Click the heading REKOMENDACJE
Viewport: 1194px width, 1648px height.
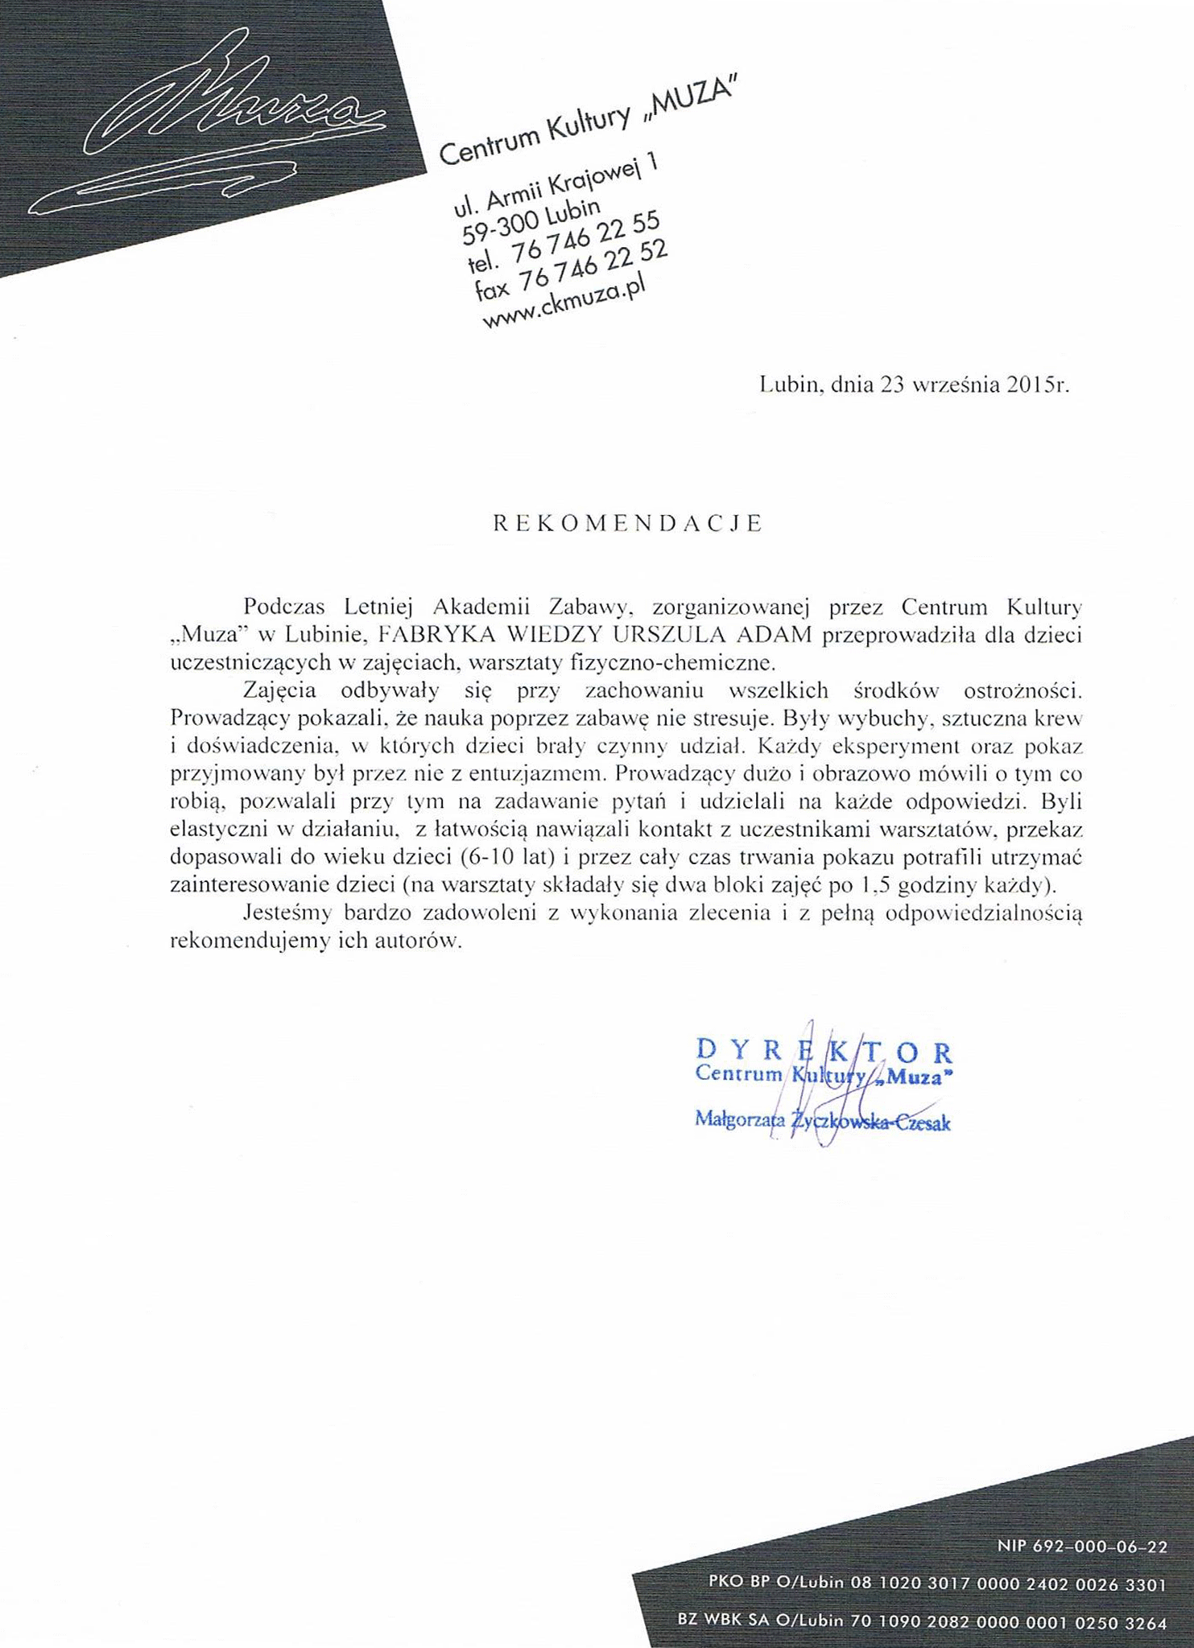click(627, 524)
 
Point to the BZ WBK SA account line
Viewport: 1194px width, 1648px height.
click(922, 1620)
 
